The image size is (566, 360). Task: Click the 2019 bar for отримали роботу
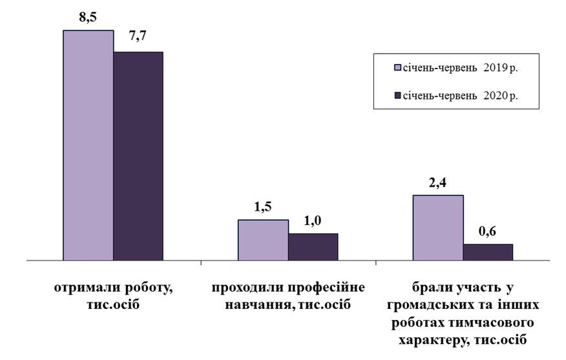[88, 145]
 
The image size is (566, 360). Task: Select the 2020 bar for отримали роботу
[138, 156]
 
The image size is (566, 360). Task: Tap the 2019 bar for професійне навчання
[263, 240]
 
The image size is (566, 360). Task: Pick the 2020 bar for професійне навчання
[313, 247]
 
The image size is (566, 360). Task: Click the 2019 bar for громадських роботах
[438, 228]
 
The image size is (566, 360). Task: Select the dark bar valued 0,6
[488, 252]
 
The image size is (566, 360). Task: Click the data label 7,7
[138, 39]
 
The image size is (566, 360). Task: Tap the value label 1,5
[263, 207]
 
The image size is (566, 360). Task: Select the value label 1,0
[313, 221]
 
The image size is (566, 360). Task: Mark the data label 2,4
[438, 183]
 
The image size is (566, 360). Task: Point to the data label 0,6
[488, 231]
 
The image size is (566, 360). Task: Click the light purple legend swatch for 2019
[397, 67]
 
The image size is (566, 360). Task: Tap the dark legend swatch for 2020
[397, 96]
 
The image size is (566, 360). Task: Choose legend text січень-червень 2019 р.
[461, 67]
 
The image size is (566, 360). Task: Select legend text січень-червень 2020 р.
[461, 96]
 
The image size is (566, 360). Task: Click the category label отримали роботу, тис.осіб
[113, 295]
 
